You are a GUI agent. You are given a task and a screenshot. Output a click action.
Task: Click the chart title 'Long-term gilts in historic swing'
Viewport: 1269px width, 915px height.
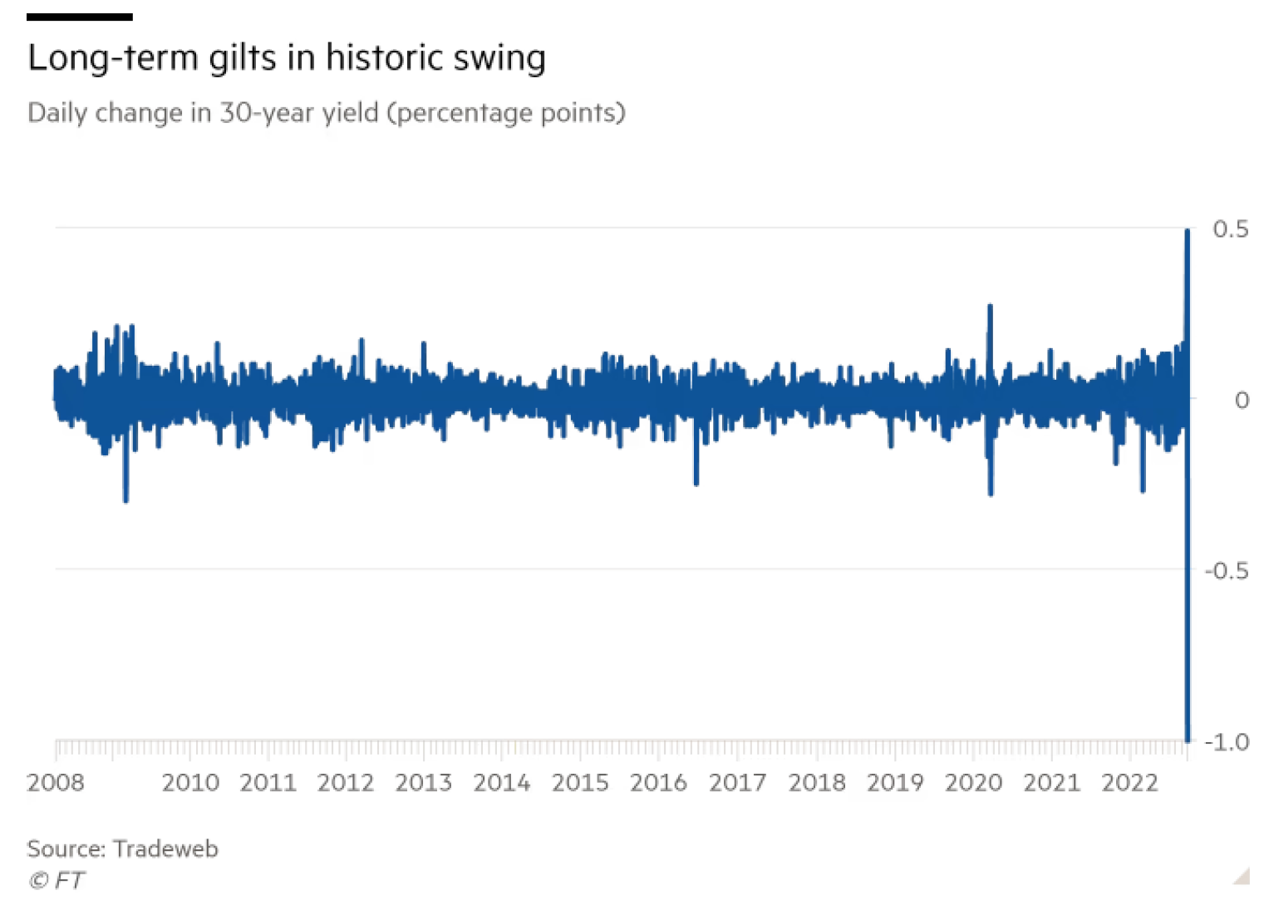pyautogui.click(x=287, y=58)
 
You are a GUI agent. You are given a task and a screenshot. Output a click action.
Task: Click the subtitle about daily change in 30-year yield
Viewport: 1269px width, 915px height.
pyautogui.click(x=326, y=112)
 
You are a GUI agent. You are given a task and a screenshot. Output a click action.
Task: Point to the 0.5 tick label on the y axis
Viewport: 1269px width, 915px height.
pyautogui.click(x=1230, y=229)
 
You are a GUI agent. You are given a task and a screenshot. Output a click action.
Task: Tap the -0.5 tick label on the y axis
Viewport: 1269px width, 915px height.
pyautogui.click(x=1226, y=571)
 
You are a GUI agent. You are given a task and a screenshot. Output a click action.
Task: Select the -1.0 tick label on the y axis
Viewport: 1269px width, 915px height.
pyautogui.click(x=1226, y=742)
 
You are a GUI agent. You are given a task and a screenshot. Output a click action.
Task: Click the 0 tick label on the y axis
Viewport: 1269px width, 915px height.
pyautogui.click(x=1242, y=401)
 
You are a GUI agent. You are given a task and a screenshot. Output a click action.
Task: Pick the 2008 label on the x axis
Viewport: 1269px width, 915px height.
pyautogui.click(x=56, y=783)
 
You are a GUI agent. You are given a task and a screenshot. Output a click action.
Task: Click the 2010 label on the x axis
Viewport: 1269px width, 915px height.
pyautogui.click(x=190, y=783)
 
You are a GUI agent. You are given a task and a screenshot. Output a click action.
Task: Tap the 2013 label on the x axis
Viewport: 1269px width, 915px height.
pyautogui.click(x=423, y=783)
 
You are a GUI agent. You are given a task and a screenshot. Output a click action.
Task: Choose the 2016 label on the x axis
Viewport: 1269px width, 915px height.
pyautogui.click(x=658, y=783)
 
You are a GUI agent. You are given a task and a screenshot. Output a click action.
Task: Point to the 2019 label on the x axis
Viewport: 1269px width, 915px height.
pyautogui.click(x=895, y=783)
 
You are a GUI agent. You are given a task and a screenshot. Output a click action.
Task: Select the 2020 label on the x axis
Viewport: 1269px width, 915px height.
pyautogui.click(x=973, y=783)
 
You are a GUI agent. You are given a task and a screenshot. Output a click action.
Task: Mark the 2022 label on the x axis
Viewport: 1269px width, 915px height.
pyautogui.click(x=1129, y=783)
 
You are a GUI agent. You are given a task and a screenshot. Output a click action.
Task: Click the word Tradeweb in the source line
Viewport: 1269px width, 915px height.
pyautogui.click(x=165, y=849)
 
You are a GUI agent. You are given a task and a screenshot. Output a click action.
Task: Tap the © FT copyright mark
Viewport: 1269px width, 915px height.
pyautogui.click(x=56, y=880)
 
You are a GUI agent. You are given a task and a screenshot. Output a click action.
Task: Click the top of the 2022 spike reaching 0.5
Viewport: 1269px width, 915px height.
pyautogui.click(x=1188, y=231)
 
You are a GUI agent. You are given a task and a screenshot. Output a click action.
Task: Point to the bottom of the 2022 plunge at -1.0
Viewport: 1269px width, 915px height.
pyautogui.click(x=1188, y=740)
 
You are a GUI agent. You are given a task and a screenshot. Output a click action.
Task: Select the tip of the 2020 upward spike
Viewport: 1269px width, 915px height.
pyautogui.click(x=990, y=307)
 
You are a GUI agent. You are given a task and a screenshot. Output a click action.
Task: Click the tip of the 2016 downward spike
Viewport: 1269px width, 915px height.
pyautogui.click(x=696, y=484)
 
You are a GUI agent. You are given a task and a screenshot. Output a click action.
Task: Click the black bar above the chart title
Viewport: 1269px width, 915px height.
pyautogui.click(x=79, y=17)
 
